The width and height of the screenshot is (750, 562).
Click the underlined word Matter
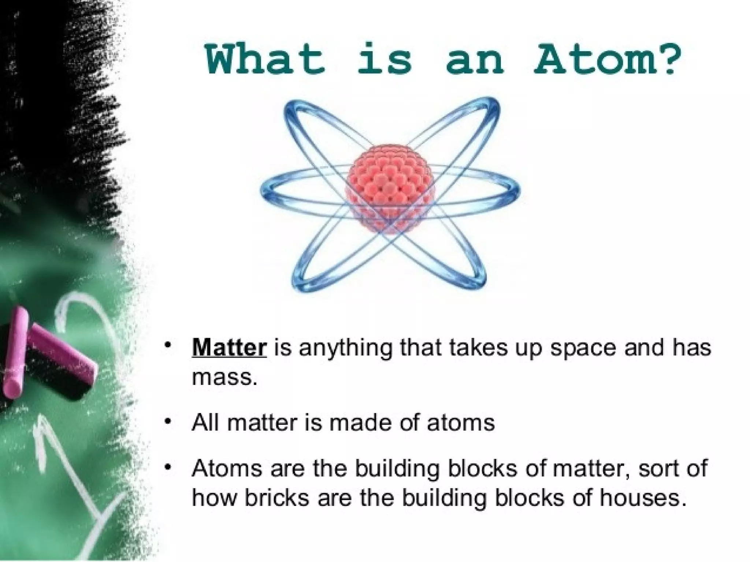click(229, 348)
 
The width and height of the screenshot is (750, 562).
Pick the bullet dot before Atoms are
click(168, 467)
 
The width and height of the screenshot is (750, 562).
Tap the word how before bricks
click(214, 498)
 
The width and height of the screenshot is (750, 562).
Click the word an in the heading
click(474, 59)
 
